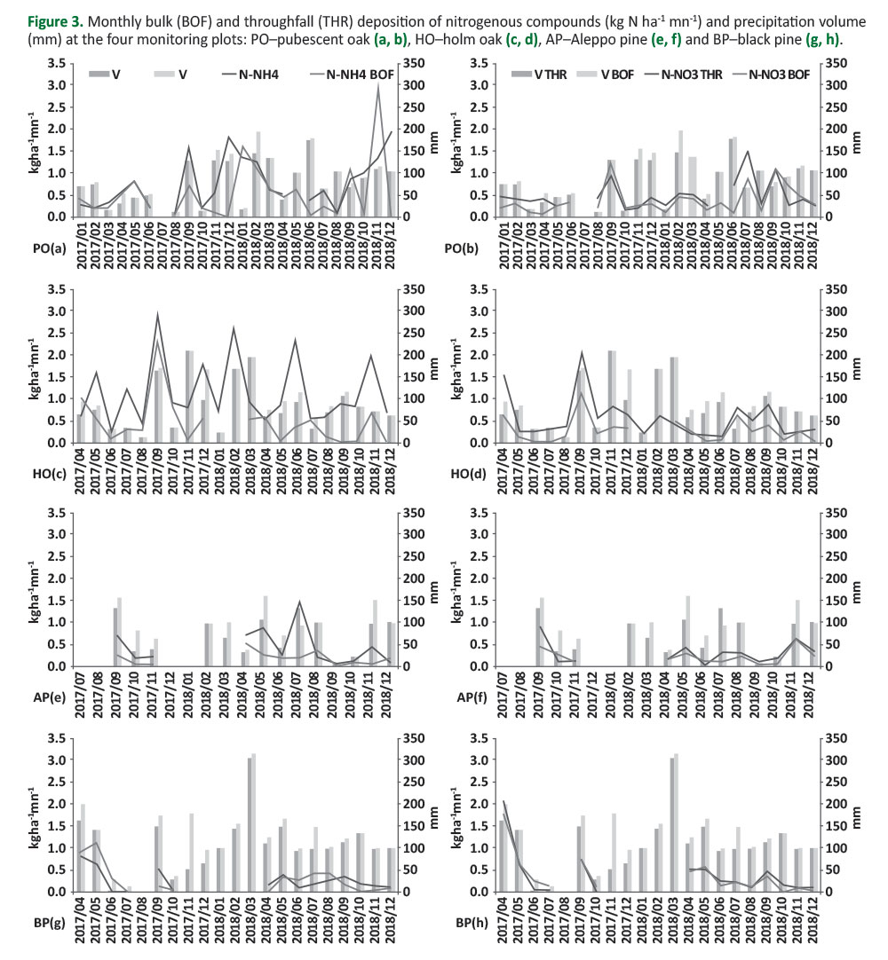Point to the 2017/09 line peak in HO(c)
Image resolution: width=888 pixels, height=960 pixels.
[x=157, y=314]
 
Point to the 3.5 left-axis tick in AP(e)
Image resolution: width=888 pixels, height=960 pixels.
[x=55, y=512]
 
